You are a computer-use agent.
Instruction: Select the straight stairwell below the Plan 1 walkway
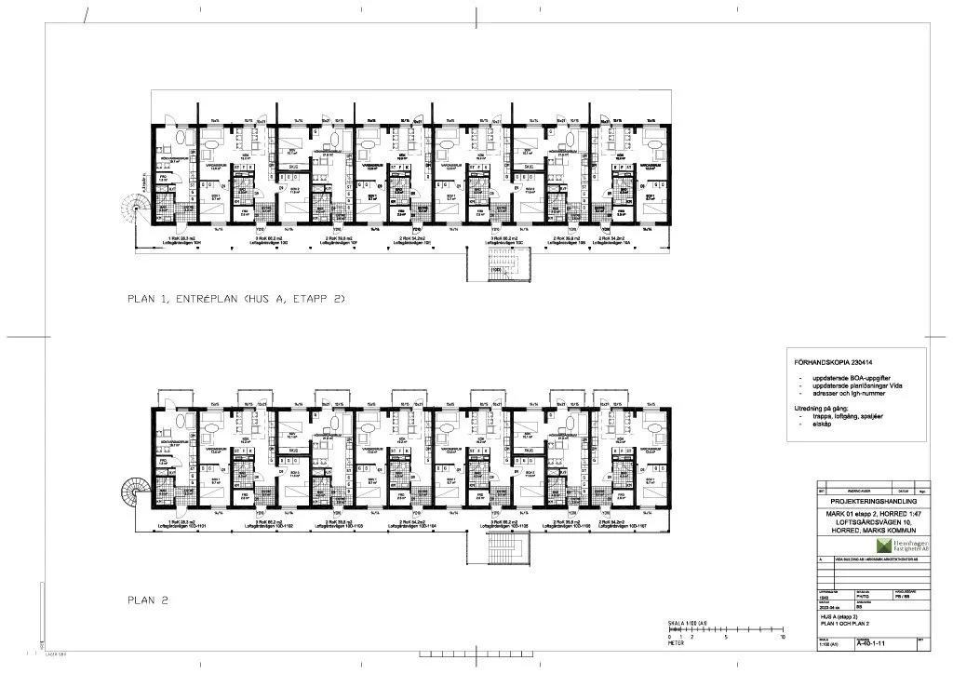point(500,267)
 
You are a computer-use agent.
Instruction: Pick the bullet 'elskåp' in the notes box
point(823,423)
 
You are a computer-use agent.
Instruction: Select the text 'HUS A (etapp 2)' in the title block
point(840,616)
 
